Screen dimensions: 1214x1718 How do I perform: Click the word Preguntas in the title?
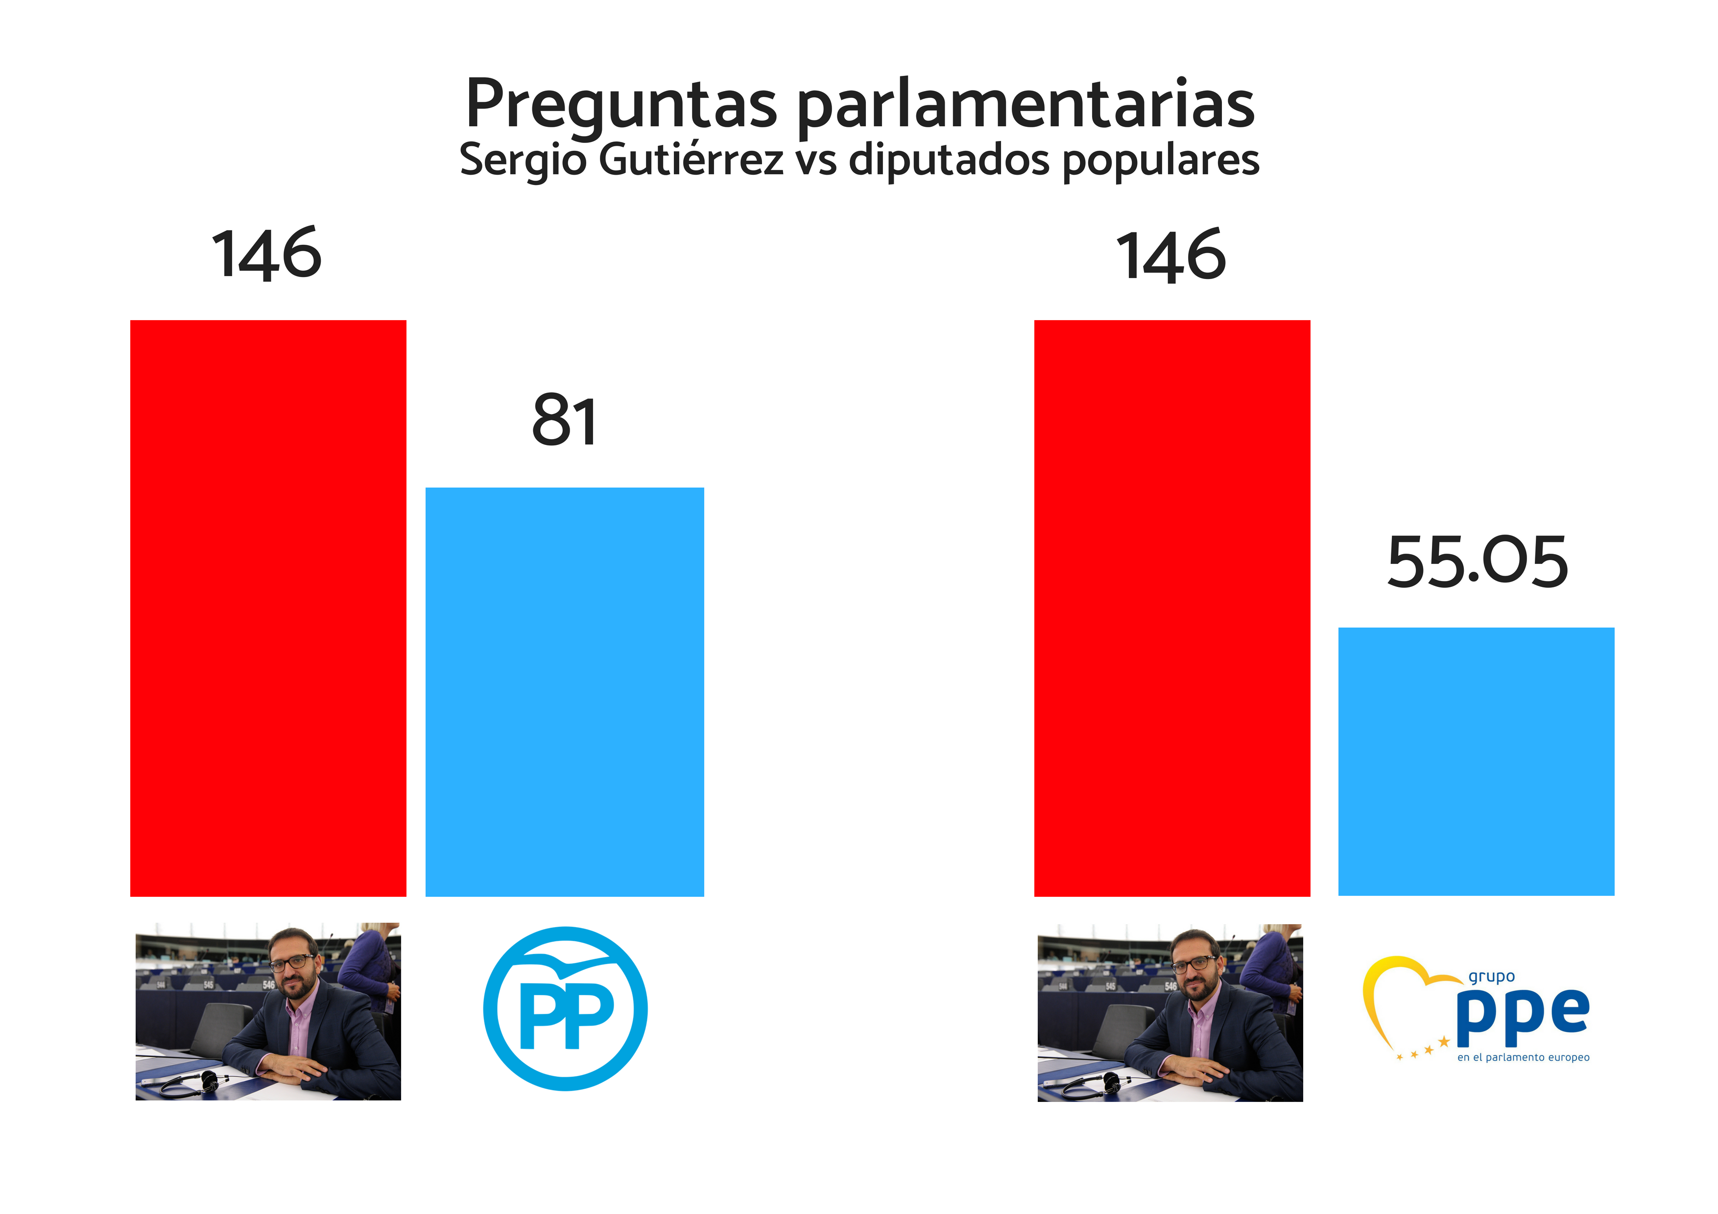click(x=621, y=105)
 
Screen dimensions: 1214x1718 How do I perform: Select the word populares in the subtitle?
click(x=1161, y=159)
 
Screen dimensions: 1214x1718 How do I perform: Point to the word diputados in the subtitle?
click(x=949, y=159)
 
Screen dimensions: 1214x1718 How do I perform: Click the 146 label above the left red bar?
click(x=267, y=255)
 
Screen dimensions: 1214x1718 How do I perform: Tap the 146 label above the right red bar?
click(x=1171, y=257)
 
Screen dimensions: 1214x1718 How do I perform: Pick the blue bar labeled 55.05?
click(x=1476, y=762)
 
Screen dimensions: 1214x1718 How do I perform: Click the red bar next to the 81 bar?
click(x=268, y=608)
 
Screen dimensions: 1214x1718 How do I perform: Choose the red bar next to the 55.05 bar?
click(x=1172, y=608)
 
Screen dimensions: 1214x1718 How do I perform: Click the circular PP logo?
click(x=565, y=1008)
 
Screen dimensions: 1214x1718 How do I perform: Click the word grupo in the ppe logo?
click(x=1491, y=977)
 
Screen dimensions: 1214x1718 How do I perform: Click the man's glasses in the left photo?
click(x=292, y=963)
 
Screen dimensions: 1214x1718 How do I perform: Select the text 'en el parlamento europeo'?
click(x=1523, y=1058)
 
